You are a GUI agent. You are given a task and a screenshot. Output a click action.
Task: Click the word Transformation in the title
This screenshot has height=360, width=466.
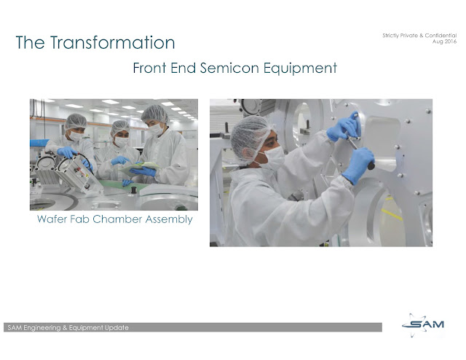pyautogui.click(x=113, y=42)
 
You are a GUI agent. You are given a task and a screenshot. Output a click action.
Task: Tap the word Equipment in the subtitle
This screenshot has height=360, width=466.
pyautogui.click(x=300, y=69)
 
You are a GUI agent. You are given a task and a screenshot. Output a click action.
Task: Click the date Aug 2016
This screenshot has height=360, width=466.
pyautogui.click(x=445, y=42)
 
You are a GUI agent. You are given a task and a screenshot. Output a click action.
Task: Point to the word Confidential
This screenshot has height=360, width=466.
pyautogui.click(x=441, y=36)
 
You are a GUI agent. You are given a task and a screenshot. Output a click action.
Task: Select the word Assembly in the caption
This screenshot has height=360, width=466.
pyautogui.click(x=169, y=220)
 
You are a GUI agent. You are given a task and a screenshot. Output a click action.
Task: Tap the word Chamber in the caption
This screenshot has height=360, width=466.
pyautogui.click(x=117, y=219)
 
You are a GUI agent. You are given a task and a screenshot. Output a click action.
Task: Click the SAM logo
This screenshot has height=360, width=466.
pyautogui.click(x=423, y=324)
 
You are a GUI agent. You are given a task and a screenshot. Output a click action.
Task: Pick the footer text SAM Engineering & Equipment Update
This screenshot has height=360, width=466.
pyautogui.click(x=68, y=327)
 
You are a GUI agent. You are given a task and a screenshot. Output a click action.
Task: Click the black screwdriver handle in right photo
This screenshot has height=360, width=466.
pyautogui.click(x=371, y=165)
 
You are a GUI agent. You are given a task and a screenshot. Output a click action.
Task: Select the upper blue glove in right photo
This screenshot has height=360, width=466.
pyautogui.click(x=344, y=127)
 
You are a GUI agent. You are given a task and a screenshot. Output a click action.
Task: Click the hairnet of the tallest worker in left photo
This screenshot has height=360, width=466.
pyautogui.click(x=154, y=114)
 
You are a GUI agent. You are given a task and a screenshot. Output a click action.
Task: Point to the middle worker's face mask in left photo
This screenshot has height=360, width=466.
pyautogui.click(x=122, y=141)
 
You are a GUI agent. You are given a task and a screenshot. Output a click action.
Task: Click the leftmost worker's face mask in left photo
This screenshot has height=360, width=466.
pyautogui.click(x=76, y=136)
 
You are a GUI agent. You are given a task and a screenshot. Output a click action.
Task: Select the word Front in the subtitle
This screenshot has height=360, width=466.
pyautogui.click(x=149, y=68)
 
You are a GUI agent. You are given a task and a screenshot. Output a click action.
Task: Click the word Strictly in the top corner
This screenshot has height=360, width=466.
pyautogui.click(x=390, y=36)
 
